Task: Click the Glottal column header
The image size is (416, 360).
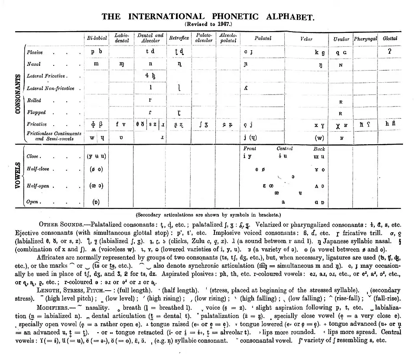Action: click(390, 38)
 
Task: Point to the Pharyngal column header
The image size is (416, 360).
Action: click(365, 38)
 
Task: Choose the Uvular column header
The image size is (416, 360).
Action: click(341, 38)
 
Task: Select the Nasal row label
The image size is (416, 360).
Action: click(33, 64)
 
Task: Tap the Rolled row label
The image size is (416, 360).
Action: click(34, 100)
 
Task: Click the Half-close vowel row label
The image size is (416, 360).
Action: click(38, 169)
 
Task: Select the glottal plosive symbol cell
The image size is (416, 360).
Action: click(390, 51)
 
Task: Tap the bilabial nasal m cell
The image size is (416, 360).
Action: click(96, 64)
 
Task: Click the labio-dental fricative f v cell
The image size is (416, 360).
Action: click(121, 124)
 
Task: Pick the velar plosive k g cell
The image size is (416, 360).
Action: click(320, 52)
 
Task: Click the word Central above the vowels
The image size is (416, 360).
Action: click(285, 149)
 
